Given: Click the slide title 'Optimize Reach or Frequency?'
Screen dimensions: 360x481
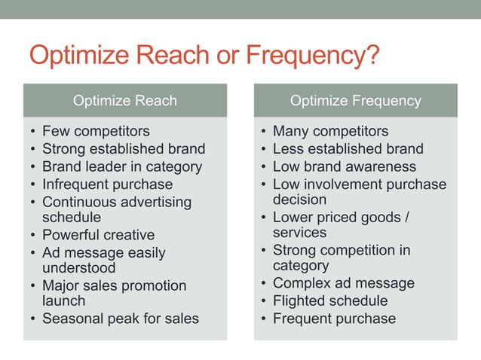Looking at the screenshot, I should [x=204, y=57].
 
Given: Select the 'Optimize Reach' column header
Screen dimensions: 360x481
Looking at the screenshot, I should [x=124, y=100].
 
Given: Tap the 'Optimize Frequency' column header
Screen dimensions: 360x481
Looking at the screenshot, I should [x=355, y=100].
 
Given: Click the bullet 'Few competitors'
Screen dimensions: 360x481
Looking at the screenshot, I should [x=96, y=131].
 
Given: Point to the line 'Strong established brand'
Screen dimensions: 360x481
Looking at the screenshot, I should [x=124, y=149].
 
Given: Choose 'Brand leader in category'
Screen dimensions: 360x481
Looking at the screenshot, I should [x=122, y=166].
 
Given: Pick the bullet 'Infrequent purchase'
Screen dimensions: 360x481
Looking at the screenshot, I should [x=107, y=184].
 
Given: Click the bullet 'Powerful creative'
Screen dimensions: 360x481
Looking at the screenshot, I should [x=98, y=235].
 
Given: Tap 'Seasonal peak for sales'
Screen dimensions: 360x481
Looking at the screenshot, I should [x=121, y=319].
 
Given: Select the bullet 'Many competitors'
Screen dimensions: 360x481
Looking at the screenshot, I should [x=330, y=131].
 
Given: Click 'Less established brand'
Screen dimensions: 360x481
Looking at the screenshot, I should [x=348, y=149].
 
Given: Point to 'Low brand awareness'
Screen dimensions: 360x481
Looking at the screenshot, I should [x=344, y=166].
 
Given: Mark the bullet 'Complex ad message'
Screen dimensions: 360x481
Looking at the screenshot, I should [x=343, y=283].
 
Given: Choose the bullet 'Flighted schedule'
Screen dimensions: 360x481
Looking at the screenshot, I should [x=330, y=301].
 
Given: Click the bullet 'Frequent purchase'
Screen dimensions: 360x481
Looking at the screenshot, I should [x=334, y=319].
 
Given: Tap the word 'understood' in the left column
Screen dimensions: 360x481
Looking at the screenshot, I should [x=79, y=268].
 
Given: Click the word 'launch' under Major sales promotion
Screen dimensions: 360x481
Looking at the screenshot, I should [x=64, y=301].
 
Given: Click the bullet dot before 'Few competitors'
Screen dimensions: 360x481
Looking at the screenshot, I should [x=32, y=132].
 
